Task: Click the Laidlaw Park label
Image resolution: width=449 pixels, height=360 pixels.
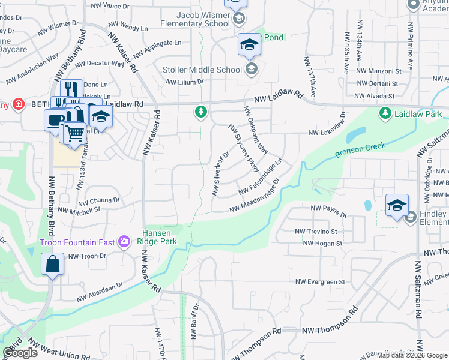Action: (x=418, y=113)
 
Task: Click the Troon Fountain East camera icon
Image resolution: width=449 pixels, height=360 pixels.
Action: (x=124, y=242)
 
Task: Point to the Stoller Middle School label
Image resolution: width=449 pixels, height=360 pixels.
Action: (x=202, y=70)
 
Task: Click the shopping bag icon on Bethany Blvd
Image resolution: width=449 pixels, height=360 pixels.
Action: (x=53, y=265)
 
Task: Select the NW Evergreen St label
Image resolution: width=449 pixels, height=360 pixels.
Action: (x=321, y=281)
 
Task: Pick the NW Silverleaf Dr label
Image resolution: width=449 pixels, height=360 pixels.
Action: (x=219, y=174)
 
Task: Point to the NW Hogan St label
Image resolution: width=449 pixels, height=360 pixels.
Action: (x=322, y=244)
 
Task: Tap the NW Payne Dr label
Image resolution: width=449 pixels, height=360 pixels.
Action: (x=328, y=211)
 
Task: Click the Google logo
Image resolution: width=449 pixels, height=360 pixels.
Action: (x=20, y=353)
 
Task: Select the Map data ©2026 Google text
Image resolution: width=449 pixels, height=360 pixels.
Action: (x=412, y=355)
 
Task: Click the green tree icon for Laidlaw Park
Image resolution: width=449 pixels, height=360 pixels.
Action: (x=384, y=113)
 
